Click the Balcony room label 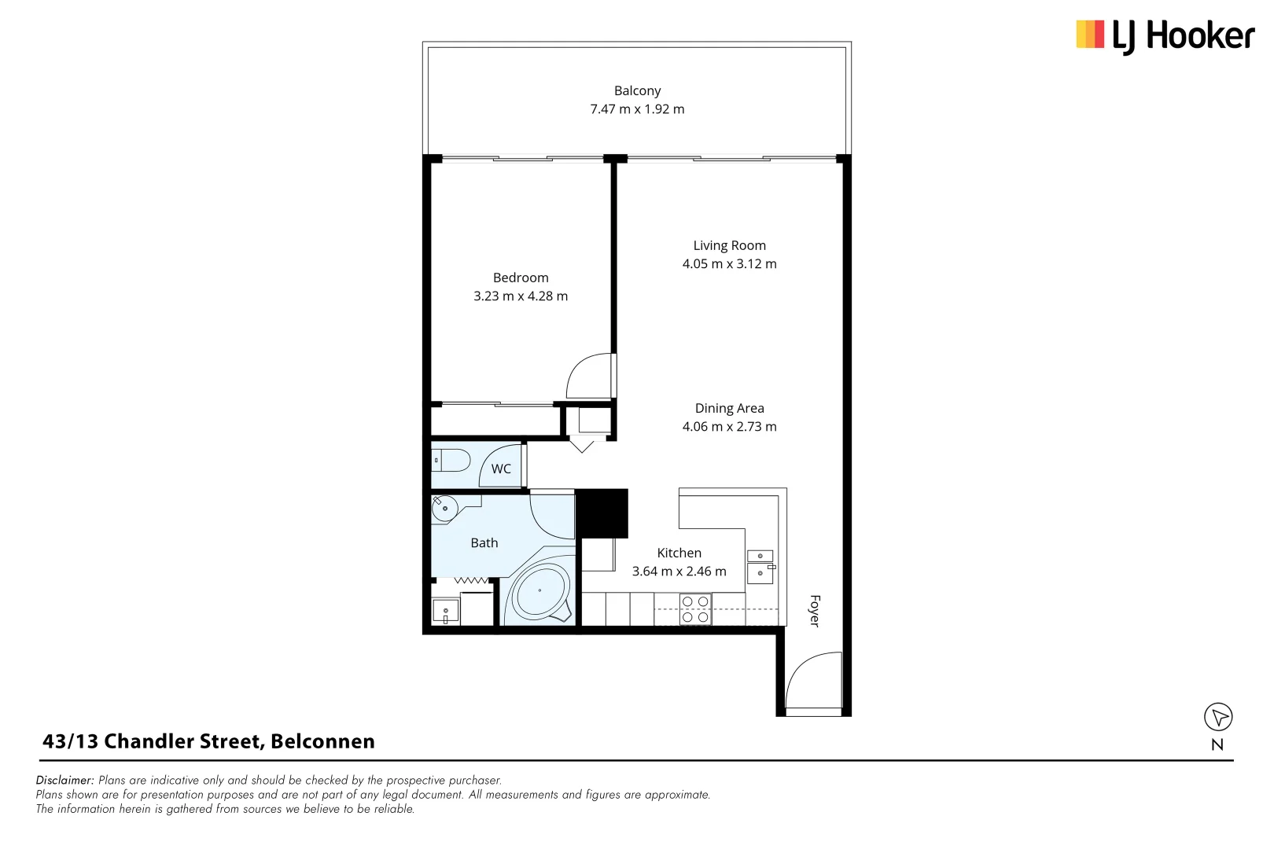(637, 91)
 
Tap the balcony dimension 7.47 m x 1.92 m (637, 109)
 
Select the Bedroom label (521, 277)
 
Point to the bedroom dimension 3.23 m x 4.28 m (521, 296)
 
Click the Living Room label (729, 245)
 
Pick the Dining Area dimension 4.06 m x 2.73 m (729, 427)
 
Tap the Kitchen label (679, 553)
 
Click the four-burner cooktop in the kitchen (695, 609)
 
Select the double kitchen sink (760, 566)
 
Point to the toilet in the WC (451, 460)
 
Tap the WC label (501, 469)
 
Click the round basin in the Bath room (445, 509)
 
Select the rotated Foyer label (815, 611)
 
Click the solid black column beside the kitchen (602, 513)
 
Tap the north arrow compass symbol (1218, 717)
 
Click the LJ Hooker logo (1165, 36)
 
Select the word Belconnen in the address (322, 741)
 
